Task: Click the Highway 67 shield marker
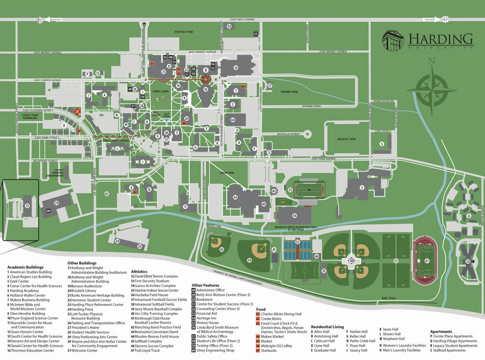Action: point(445,19)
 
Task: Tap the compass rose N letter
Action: point(431,61)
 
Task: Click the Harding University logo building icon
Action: point(393,40)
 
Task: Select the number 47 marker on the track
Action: point(427,261)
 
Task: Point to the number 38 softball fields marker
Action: point(351,261)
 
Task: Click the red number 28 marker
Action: point(77,112)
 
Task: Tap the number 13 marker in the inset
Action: point(27,205)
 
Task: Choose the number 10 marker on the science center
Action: point(235,68)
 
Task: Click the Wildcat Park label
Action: point(346,139)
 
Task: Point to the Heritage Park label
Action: point(184,32)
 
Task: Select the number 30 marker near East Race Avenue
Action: point(229,26)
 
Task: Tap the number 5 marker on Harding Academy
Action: point(362,187)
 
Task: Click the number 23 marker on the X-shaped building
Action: point(468,261)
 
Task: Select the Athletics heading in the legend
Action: point(139,272)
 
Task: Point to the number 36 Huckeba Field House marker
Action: point(294,215)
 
